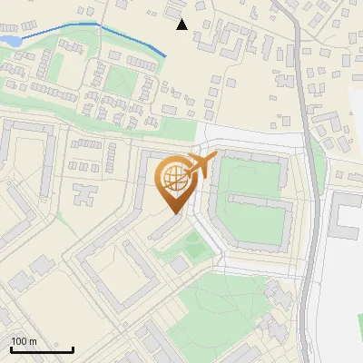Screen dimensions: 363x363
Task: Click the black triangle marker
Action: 181,25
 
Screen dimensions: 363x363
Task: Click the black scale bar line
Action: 42,349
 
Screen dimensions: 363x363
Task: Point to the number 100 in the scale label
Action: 19,341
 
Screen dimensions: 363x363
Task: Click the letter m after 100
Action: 33,341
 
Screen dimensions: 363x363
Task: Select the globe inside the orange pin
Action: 174,180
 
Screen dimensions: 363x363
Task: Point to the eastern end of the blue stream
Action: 166,57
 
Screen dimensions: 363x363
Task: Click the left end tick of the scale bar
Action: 11,348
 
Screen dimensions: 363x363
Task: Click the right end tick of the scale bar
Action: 74,348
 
